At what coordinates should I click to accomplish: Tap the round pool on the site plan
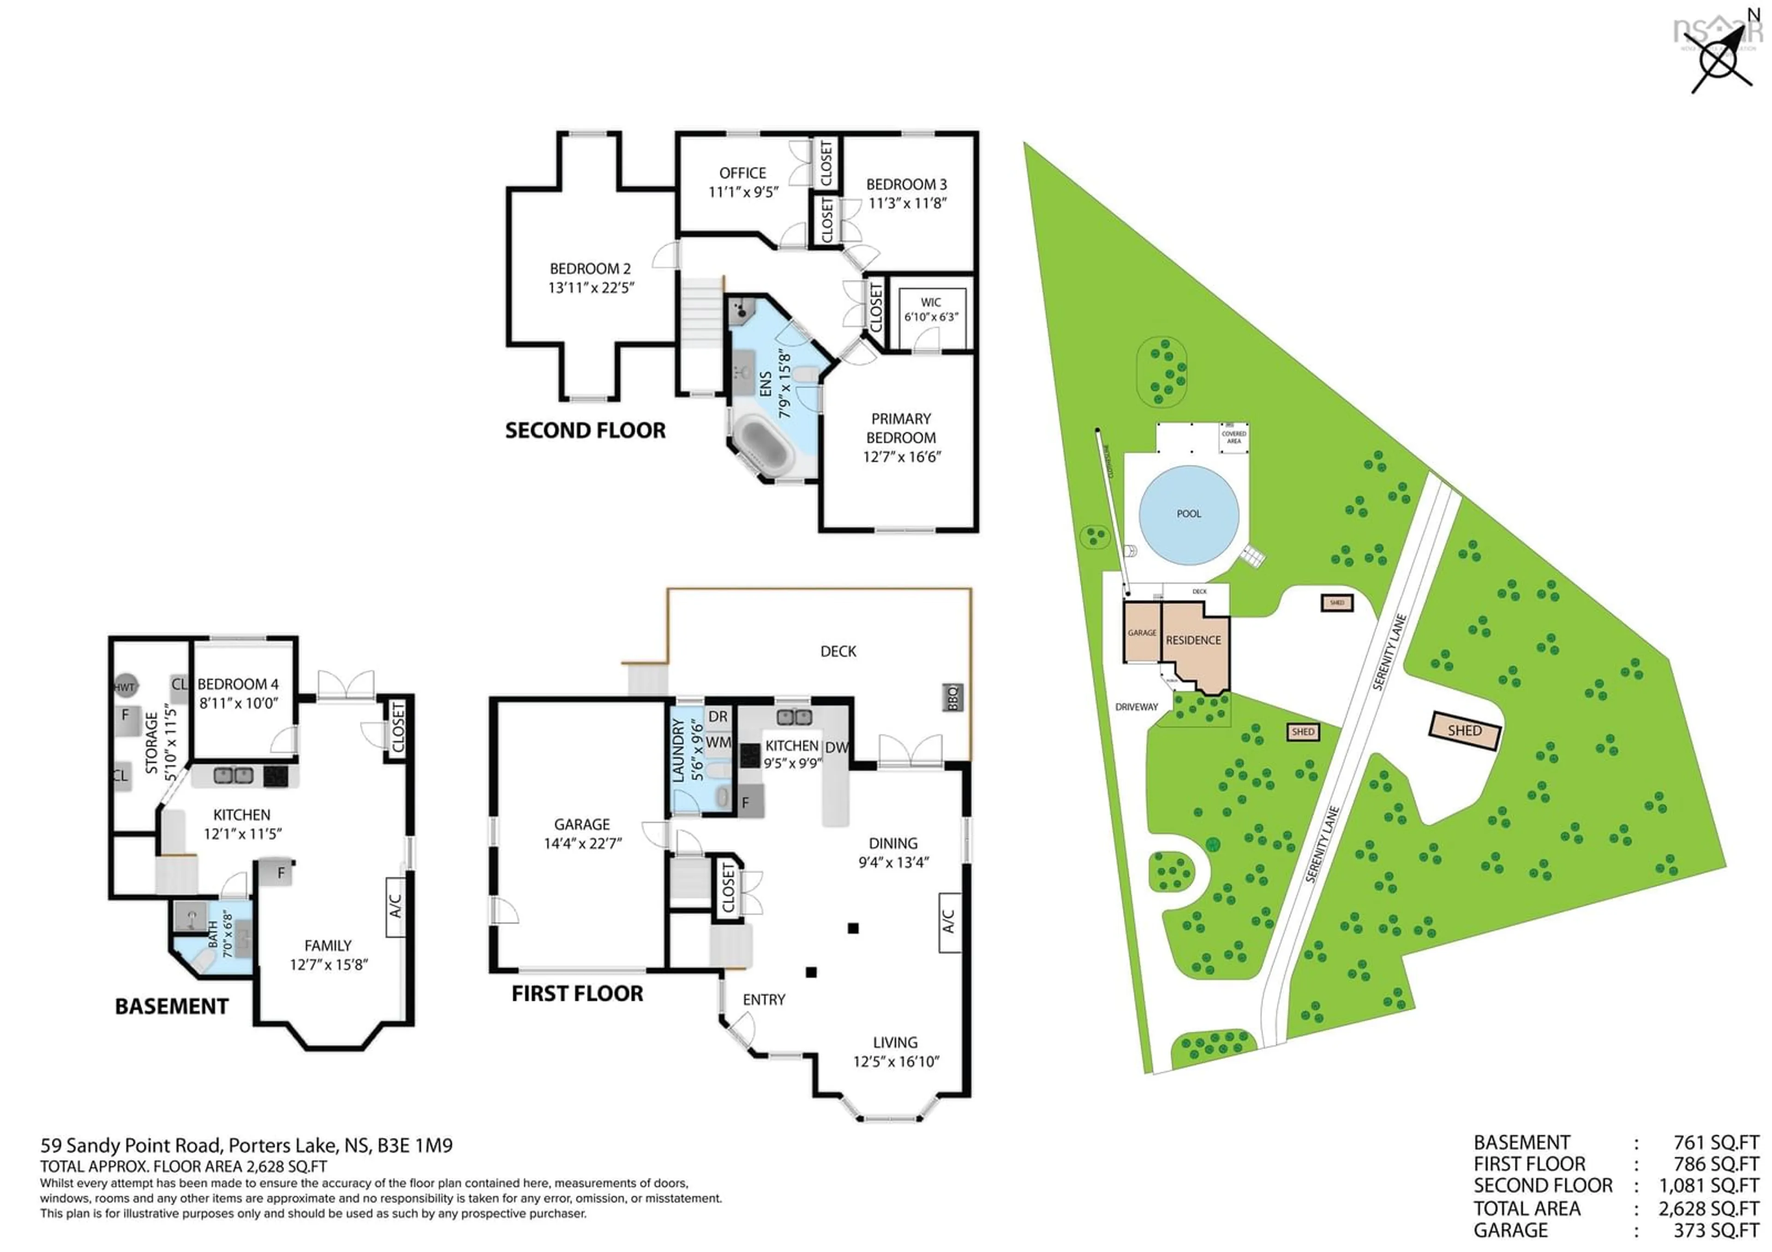pyautogui.click(x=1189, y=514)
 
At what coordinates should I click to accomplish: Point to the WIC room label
pyautogui.click(x=931, y=303)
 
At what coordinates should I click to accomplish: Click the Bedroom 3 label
pyautogui.click(x=906, y=185)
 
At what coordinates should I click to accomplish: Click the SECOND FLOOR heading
pyautogui.click(x=585, y=430)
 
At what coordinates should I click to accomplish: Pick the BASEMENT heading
pyautogui.click(x=171, y=1006)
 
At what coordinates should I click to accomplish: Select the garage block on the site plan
pyautogui.click(x=1142, y=632)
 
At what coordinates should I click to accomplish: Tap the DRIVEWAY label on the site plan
pyautogui.click(x=1136, y=707)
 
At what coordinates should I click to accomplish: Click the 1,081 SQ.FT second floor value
pyautogui.click(x=1709, y=1186)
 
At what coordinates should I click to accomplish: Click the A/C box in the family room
pyautogui.click(x=395, y=906)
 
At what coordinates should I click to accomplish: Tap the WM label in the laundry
pyautogui.click(x=717, y=742)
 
